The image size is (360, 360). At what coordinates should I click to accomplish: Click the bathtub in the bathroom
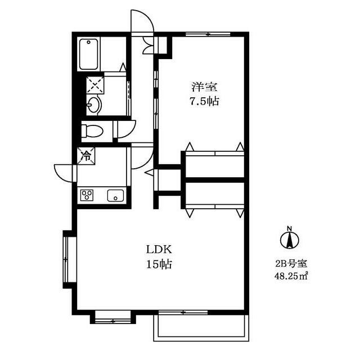[89, 54]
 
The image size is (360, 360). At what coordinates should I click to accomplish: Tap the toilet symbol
[92, 130]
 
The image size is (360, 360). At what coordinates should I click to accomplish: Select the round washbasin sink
[94, 105]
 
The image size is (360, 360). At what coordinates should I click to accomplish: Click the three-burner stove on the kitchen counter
[87, 195]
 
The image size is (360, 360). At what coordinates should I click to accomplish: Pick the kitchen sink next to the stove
[115, 195]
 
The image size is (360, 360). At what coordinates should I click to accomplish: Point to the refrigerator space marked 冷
[86, 156]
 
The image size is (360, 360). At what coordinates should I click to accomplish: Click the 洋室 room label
[204, 87]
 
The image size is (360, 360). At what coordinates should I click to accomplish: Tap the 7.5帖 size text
[204, 101]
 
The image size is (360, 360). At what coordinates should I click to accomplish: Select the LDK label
[159, 250]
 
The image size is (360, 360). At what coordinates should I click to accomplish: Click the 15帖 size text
[159, 264]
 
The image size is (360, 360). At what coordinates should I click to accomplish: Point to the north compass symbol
[290, 238]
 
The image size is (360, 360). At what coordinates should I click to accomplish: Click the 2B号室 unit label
[291, 264]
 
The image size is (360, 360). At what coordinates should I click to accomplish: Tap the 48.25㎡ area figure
[291, 276]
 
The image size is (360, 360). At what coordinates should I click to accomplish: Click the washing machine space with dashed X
[95, 85]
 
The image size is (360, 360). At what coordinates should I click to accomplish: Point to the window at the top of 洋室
[208, 34]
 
